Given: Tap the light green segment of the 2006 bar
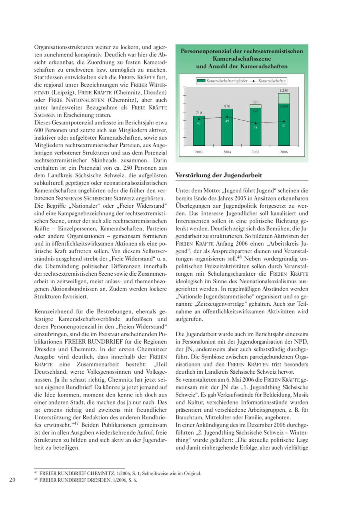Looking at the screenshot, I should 284,98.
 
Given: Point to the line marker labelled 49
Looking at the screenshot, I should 227,117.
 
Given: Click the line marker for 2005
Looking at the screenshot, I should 256,123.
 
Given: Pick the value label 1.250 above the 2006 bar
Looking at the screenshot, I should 284,91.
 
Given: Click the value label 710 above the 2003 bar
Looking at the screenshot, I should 199,113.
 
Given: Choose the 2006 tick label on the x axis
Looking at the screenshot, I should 284,152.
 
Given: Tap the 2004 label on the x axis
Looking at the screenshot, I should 227,152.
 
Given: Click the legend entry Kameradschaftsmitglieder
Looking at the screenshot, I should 224,81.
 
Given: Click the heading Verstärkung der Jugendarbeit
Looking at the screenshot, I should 219,175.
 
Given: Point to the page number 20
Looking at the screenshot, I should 12,480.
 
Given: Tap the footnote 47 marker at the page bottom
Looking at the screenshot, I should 36,473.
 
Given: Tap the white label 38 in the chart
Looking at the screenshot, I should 256,127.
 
